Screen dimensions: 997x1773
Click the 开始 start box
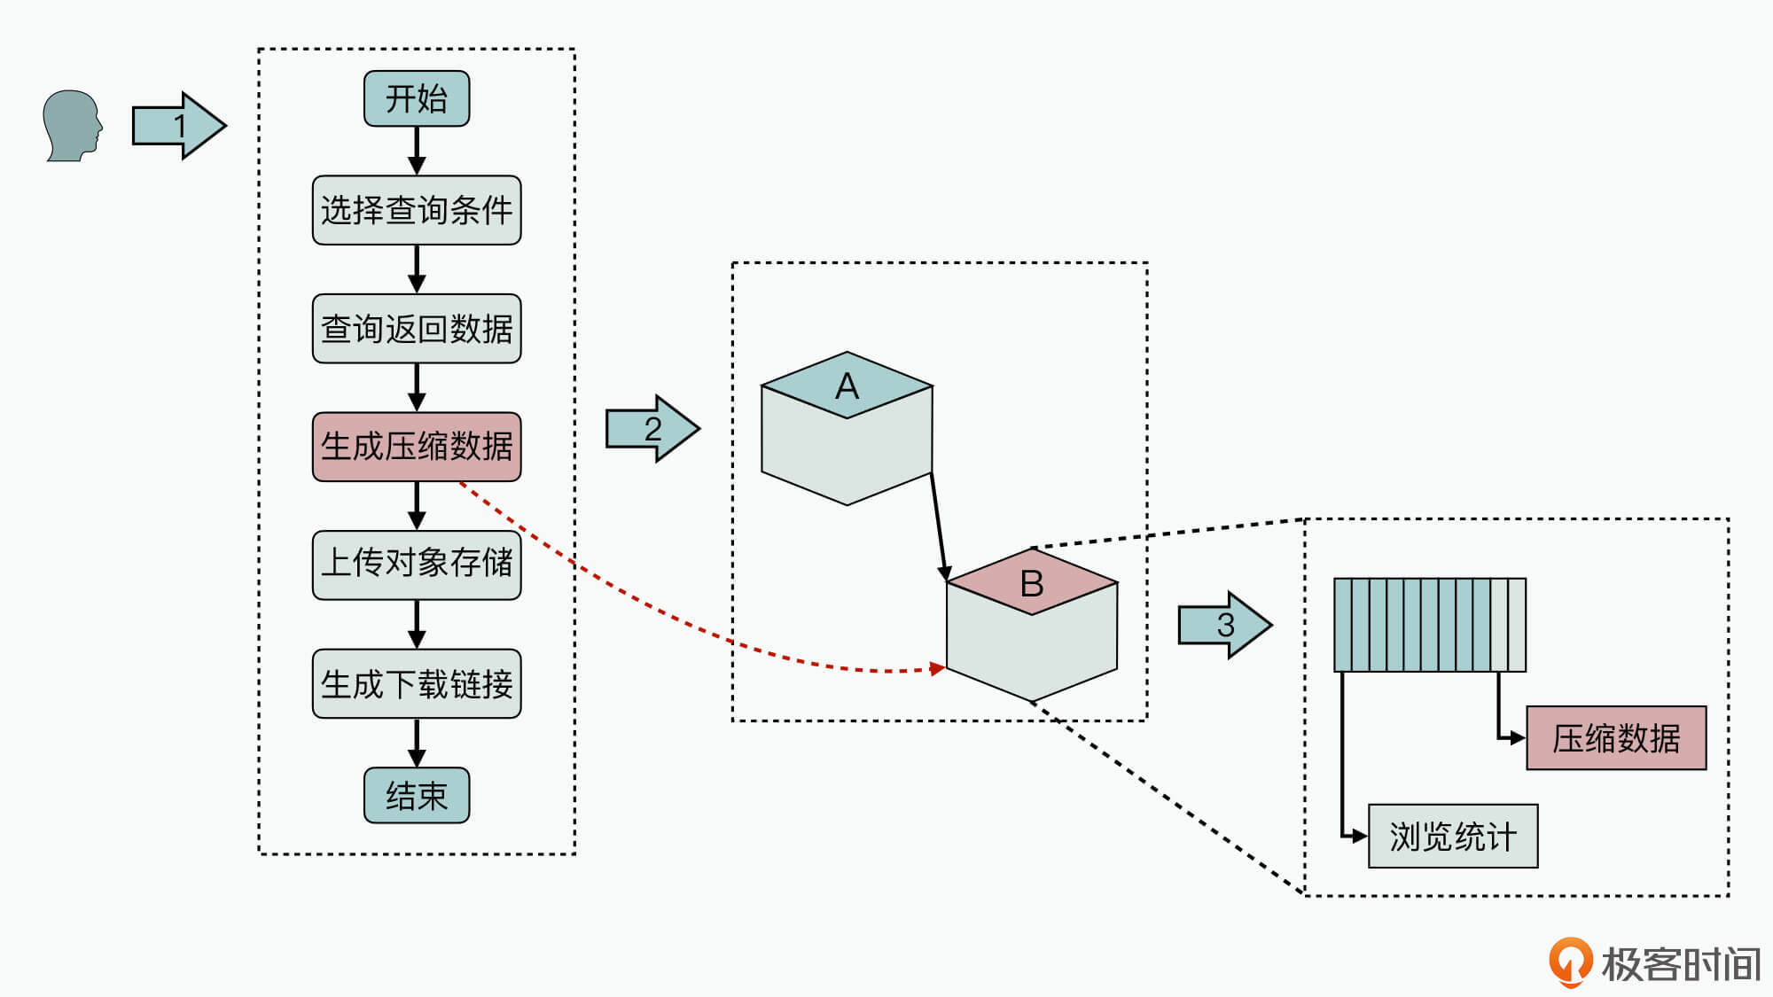417,98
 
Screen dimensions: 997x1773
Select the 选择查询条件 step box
417,210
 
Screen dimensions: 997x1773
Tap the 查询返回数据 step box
417,329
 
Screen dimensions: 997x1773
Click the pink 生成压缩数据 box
417,447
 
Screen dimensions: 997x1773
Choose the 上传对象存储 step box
417,565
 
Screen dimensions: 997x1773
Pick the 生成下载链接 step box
417,683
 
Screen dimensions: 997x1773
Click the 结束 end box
417,795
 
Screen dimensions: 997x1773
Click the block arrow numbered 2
652,429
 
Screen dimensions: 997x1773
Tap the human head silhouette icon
72,126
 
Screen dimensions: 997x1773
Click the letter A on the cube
847,386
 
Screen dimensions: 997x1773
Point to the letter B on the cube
1032,583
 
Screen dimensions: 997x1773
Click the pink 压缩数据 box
1616,738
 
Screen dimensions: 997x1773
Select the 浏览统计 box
1453,836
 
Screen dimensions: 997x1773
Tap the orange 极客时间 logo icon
1570,962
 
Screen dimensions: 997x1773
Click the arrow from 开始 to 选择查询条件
417,151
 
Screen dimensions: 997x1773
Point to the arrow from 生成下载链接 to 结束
417,743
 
